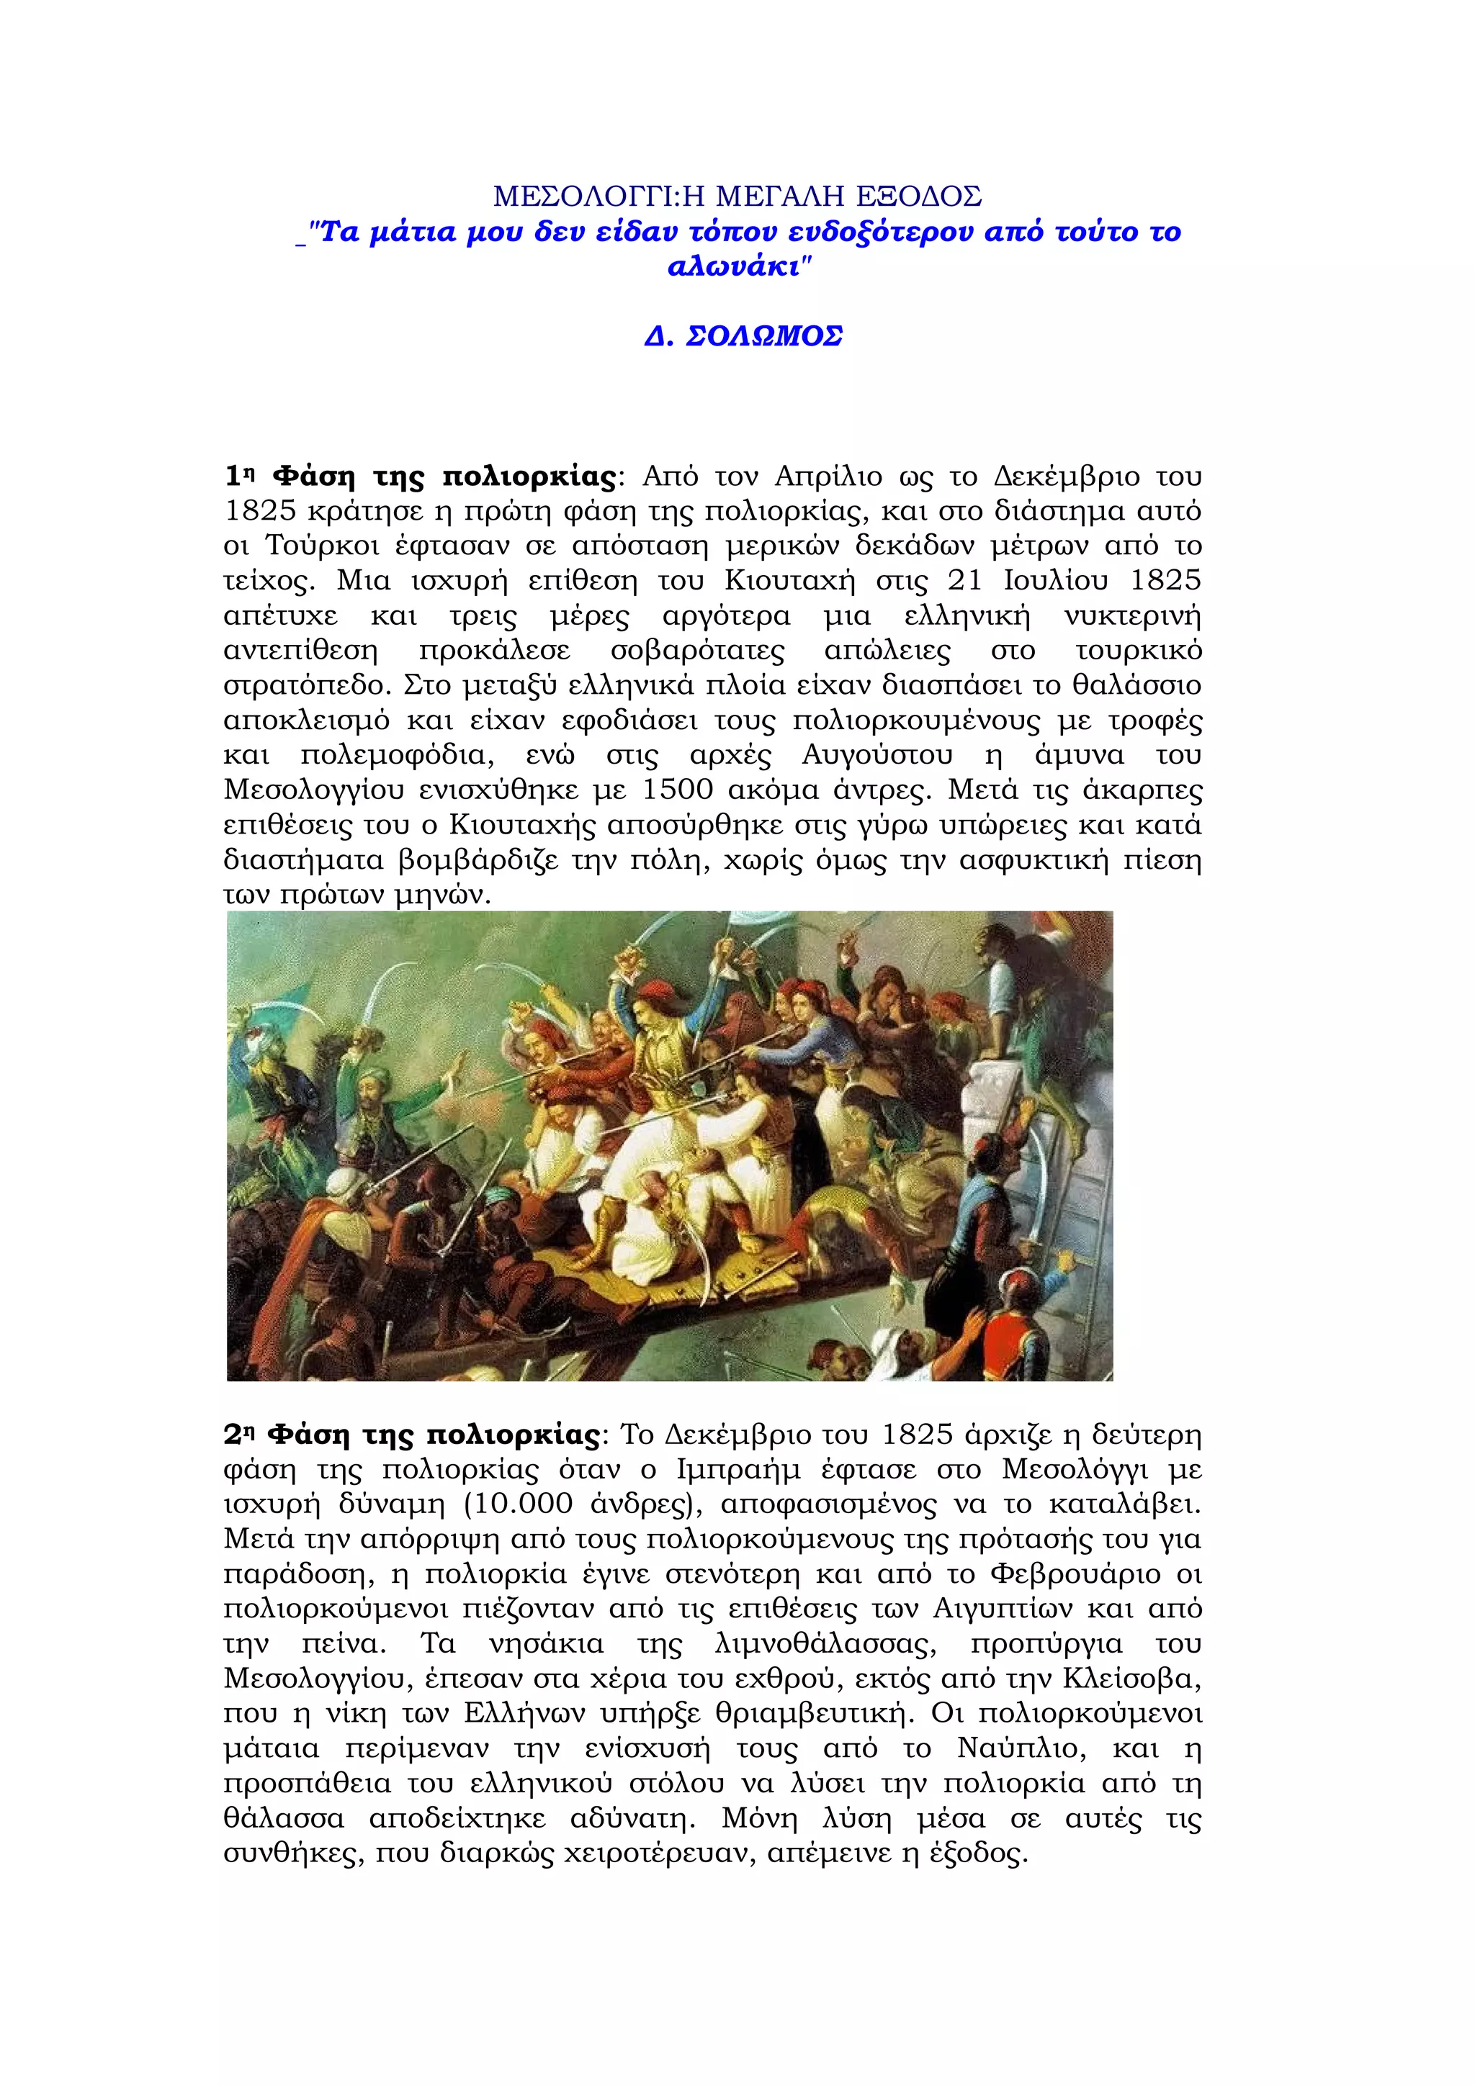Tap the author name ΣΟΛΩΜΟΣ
coord(763,336)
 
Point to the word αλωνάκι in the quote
coord(735,267)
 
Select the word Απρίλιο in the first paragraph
coord(828,476)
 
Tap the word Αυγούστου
coord(877,755)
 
